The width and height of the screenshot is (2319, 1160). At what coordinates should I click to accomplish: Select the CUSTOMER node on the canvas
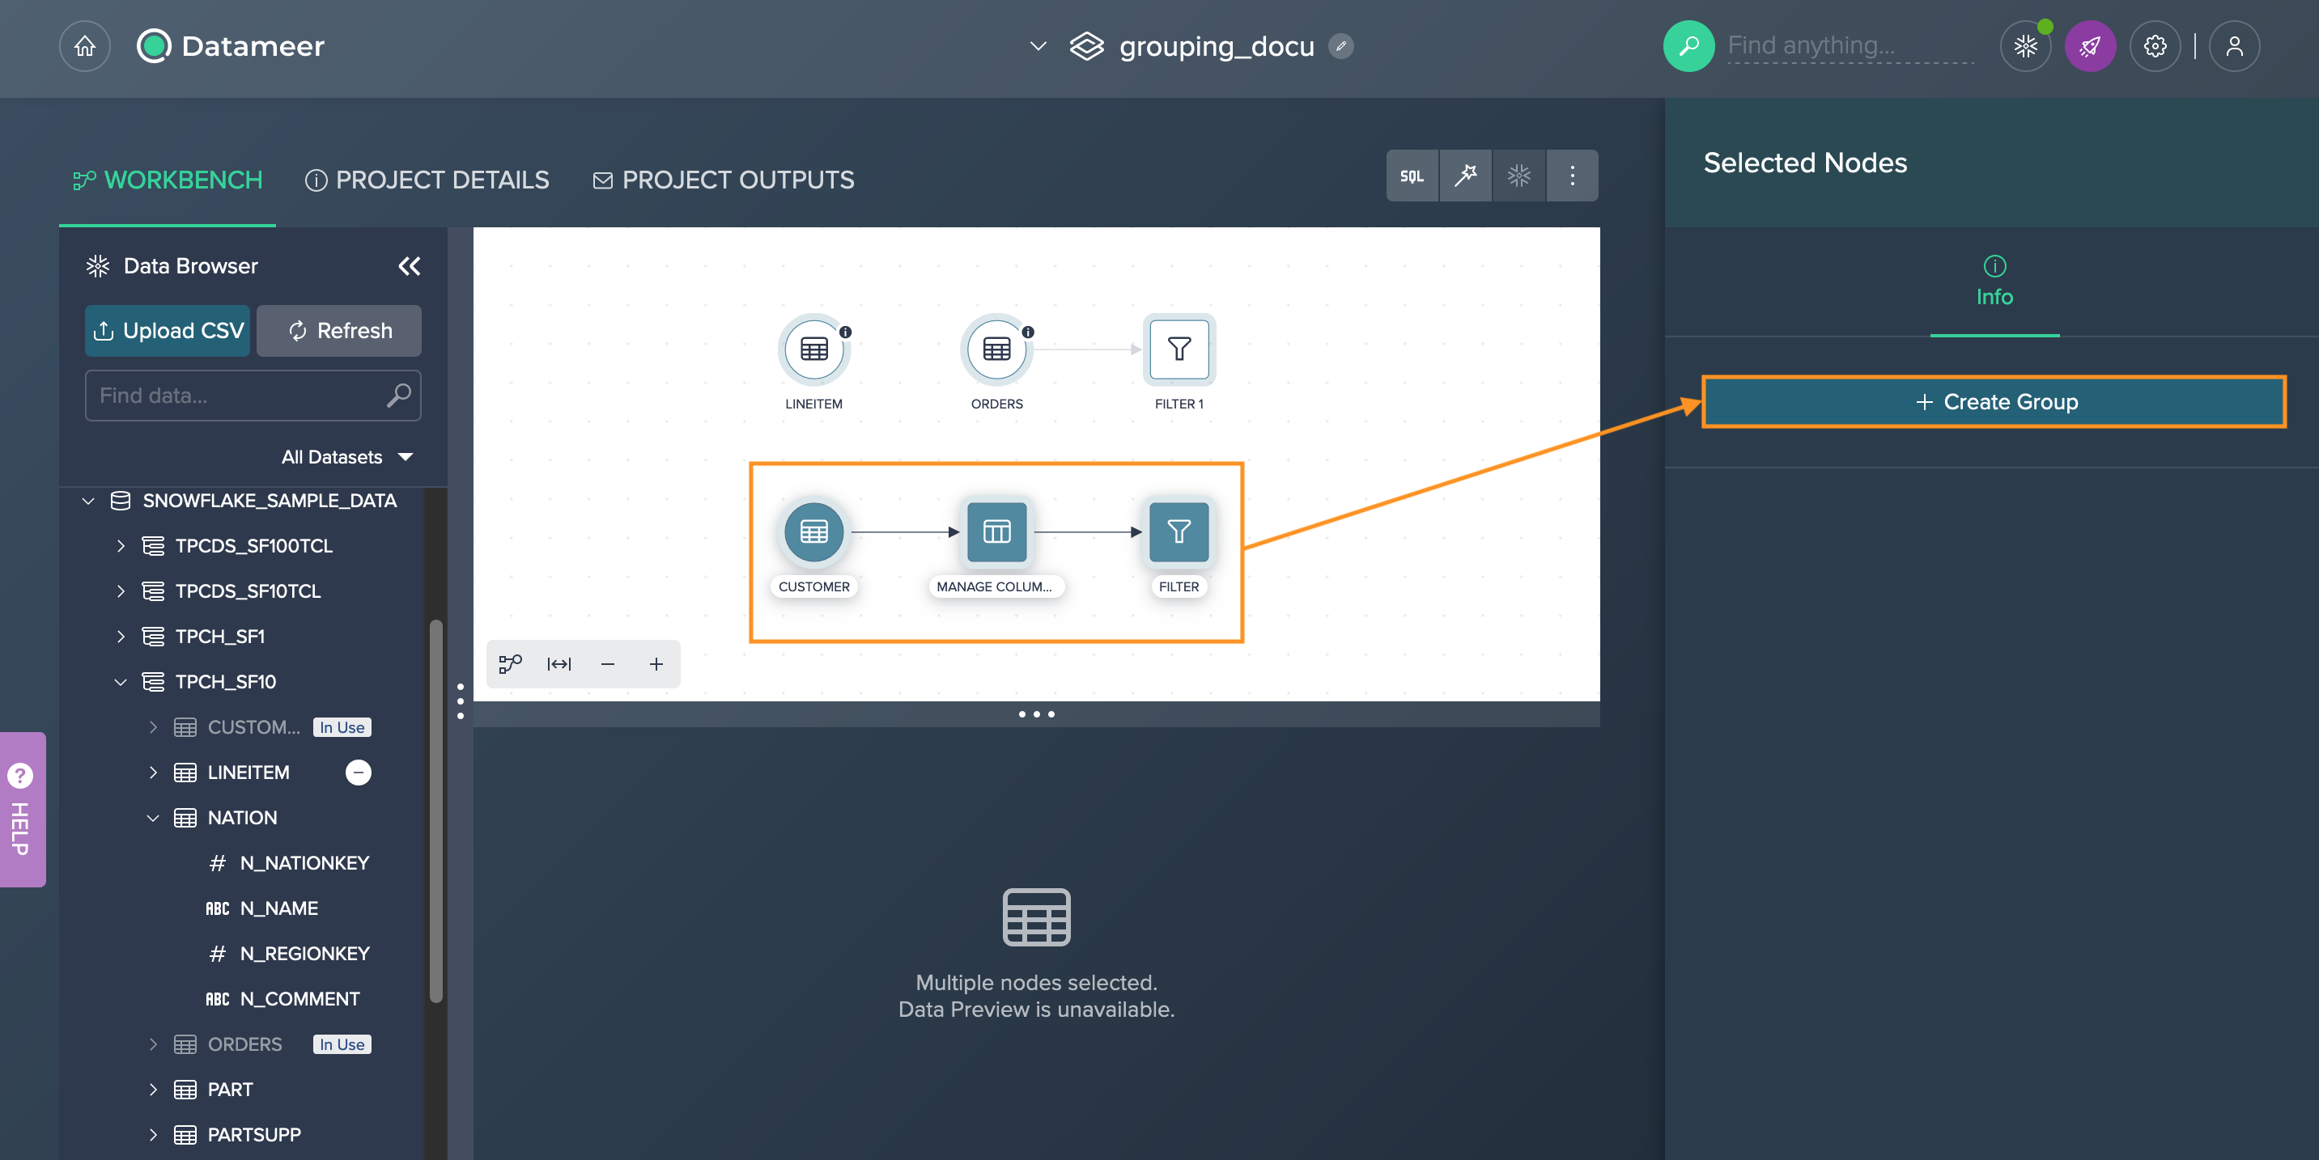coord(813,531)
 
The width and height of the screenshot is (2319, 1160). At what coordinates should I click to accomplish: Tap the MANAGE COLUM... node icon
coord(996,531)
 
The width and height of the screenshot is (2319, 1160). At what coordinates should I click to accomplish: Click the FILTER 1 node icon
coord(1179,349)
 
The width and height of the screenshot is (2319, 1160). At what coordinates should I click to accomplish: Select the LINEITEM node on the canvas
coord(813,349)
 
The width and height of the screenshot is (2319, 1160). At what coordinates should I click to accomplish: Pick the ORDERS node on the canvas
coord(996,349)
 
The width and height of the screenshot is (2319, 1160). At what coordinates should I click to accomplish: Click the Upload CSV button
coord(168,330)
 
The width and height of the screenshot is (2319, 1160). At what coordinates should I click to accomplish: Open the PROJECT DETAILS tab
coord(427,180)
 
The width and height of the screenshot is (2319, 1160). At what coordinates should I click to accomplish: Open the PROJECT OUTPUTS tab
coord(724,180)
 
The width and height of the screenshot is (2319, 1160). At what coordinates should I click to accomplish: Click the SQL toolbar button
coord(1412,176)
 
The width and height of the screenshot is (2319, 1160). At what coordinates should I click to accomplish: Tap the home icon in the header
coord(85,46)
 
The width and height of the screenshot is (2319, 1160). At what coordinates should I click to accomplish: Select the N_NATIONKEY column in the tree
coord(304,863)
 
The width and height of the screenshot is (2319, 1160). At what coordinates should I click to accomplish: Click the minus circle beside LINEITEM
coord(359,773)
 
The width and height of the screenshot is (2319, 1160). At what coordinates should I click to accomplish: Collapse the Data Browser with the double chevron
coord(410,266)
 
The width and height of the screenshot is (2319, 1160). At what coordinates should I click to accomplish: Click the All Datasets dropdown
coord(347,457)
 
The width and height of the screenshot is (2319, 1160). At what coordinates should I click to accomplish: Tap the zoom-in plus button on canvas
coord(656,664)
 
